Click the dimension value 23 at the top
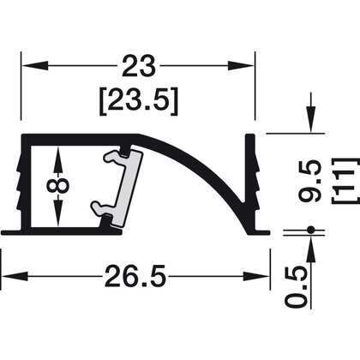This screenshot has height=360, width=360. click(x=137, y=67)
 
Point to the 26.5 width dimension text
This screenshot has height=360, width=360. click(x=136, y=277)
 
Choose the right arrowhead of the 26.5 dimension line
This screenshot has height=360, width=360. click(x=260, y=277)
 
